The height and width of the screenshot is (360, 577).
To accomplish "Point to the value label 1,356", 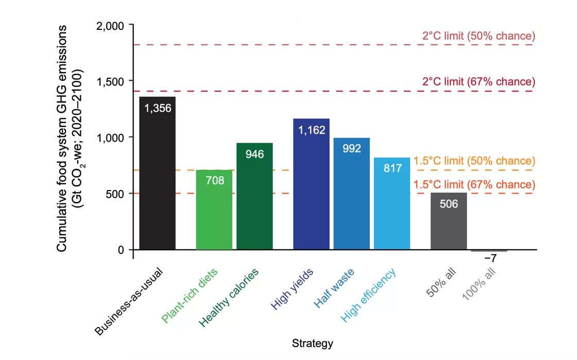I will point(157,108).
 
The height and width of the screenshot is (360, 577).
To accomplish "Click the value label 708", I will point(214,181).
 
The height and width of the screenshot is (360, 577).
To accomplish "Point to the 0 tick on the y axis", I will point(122,250).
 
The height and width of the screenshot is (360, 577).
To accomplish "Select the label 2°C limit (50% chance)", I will point(479,36).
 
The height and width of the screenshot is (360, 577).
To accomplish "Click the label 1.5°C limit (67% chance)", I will point(474,184).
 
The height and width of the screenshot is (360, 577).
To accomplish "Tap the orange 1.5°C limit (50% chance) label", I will point(474,161).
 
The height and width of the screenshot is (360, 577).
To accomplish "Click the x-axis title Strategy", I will point(312,343).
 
